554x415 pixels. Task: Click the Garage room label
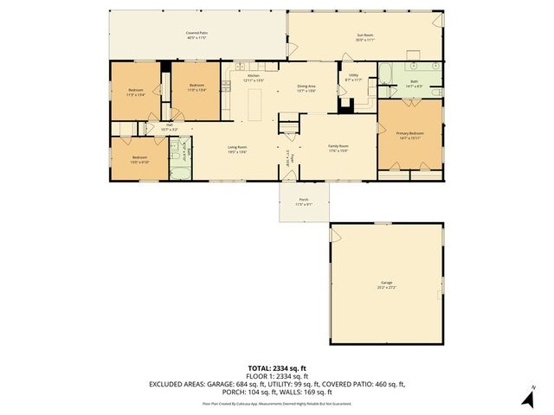(385, 284)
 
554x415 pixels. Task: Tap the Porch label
(303, 201)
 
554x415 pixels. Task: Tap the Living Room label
(238, 149)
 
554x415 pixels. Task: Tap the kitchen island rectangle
(255, 106)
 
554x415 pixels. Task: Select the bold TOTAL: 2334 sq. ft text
(276, 367)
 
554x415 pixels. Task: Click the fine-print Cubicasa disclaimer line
(276, 404)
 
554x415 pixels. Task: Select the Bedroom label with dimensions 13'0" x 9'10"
(139, 159)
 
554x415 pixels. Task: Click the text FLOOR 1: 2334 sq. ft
(276, 375)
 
